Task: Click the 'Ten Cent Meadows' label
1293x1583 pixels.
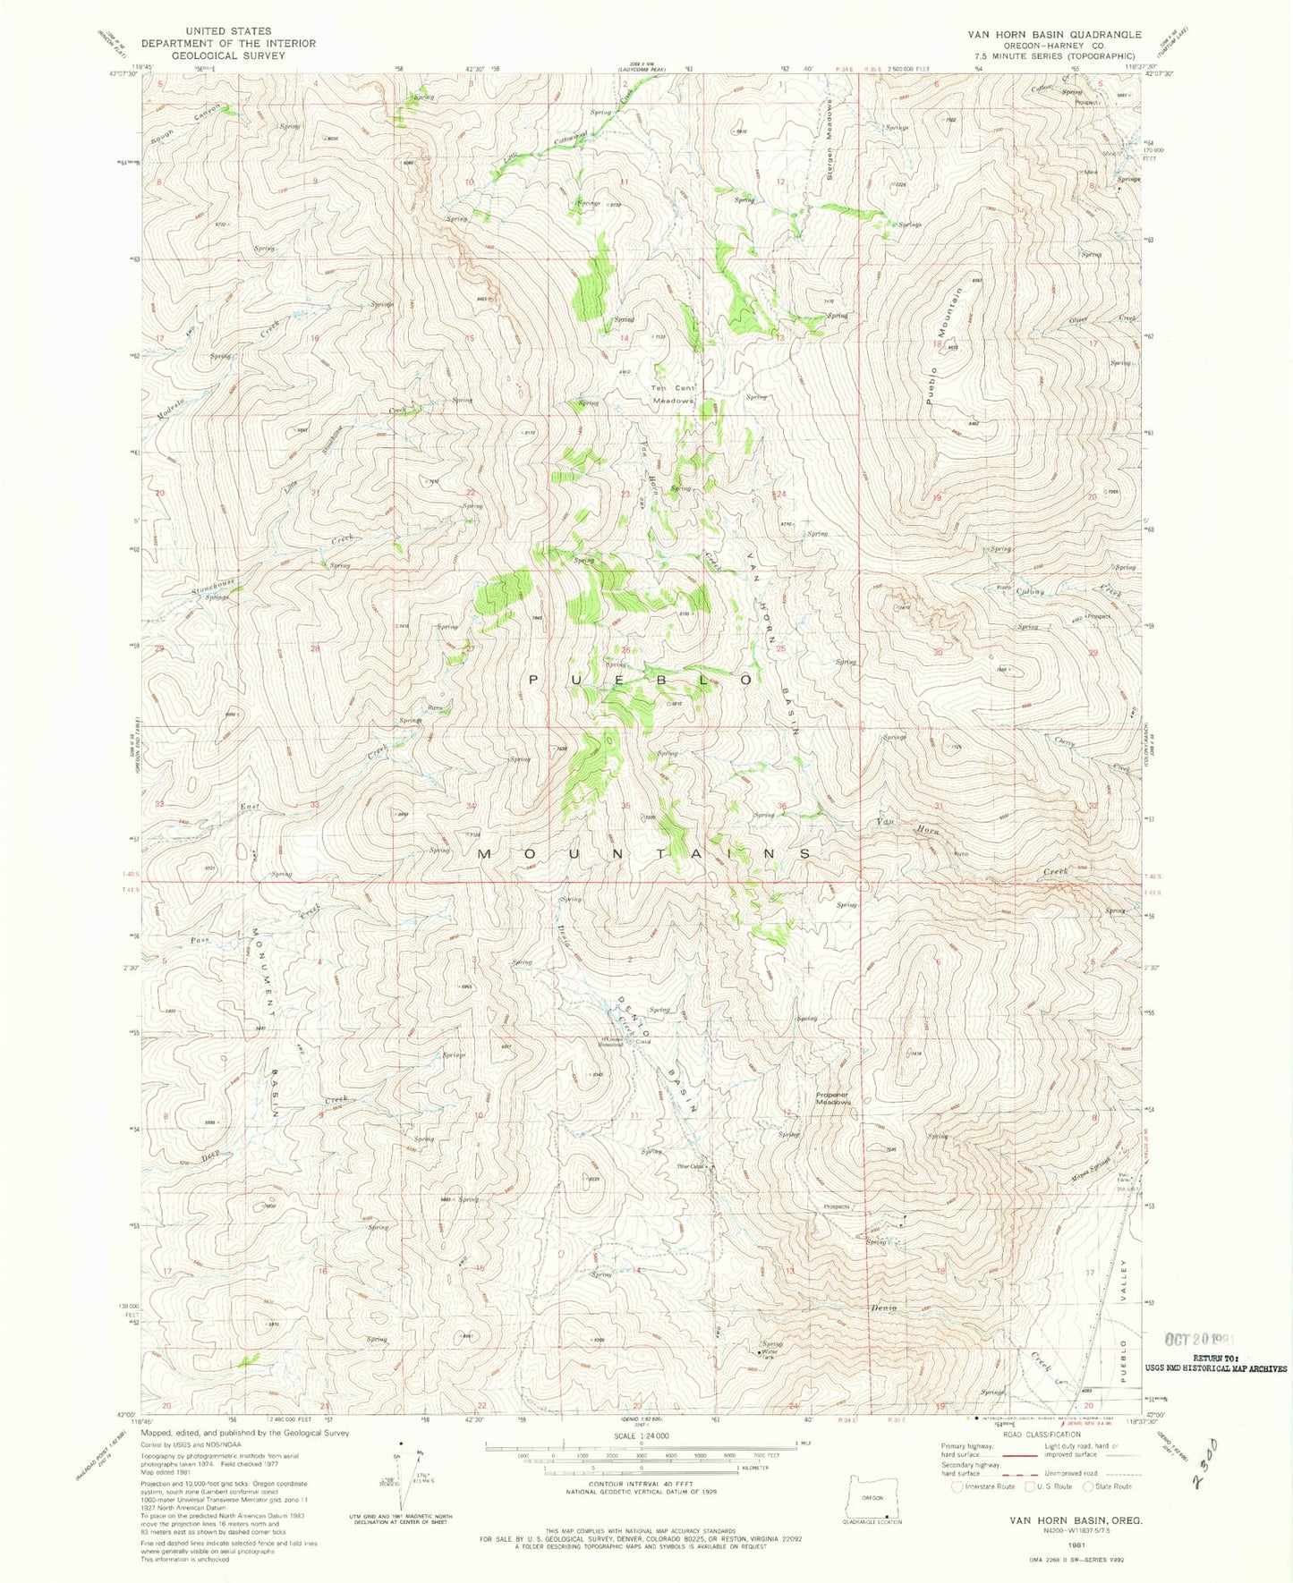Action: [673, 394]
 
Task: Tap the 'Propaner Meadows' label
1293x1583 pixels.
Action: [832, 1097]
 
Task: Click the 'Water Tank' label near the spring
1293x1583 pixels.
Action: [766, 1353]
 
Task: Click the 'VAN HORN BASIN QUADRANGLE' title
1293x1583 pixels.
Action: [1053, 34]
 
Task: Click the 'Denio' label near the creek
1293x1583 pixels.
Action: [881, 1308]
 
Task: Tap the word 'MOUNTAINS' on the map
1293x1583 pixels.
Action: [644, 854]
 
